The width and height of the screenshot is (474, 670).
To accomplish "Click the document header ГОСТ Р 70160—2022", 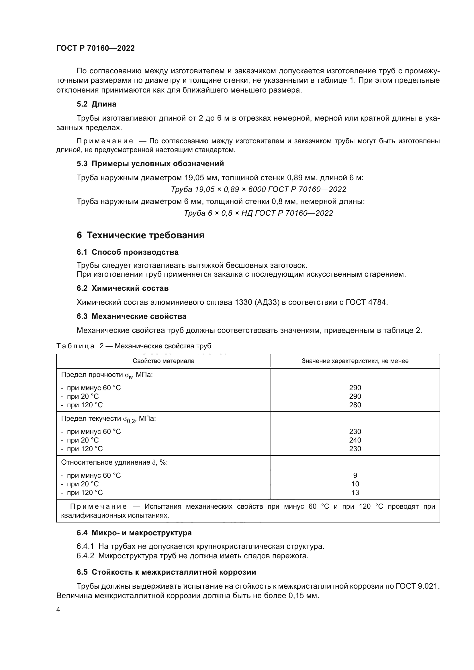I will click(95, 48).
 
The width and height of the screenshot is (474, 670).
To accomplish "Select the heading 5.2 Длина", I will click(96, 104).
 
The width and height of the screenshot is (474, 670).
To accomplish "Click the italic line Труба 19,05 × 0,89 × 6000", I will click(258, 189).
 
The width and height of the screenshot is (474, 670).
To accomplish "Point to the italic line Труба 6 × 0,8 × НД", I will click(258, 213).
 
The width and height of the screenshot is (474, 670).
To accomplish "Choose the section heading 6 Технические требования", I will click(140, 235).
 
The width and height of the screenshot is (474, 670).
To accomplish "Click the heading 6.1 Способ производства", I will click(128, 252).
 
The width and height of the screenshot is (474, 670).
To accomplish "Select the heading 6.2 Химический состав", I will click(123, 288).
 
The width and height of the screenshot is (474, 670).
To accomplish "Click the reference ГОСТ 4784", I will click(367, 302).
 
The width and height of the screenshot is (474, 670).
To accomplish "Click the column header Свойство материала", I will click(163, 361).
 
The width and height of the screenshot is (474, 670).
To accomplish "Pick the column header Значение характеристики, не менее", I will click(355, 361).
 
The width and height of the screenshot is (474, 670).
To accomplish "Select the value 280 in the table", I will click(355, 405).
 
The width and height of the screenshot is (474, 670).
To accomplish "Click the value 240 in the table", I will click(355, 440).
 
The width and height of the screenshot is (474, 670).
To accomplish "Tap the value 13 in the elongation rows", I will click(355, 493).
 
